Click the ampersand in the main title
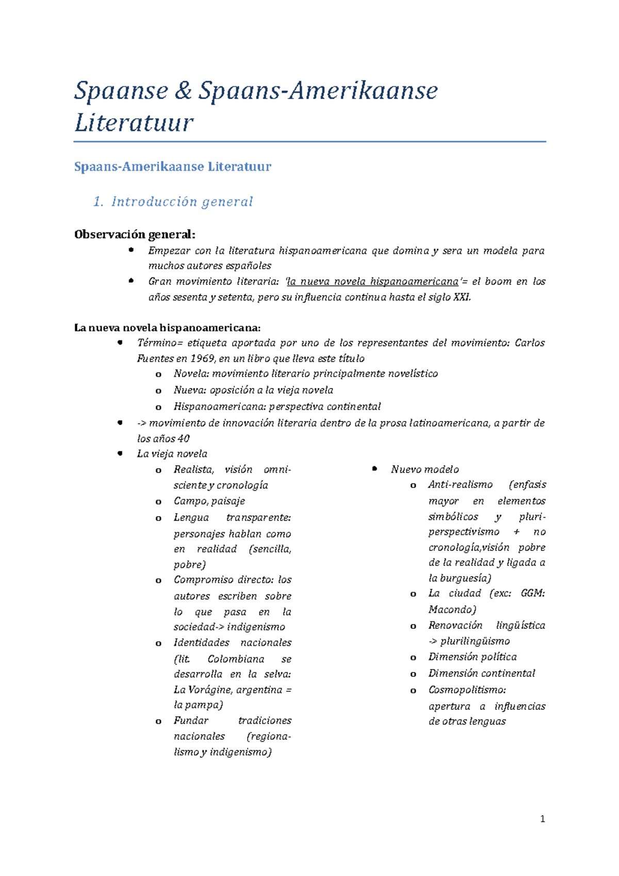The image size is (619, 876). (x=183, y=91)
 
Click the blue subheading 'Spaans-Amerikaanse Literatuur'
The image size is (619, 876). (x=172, y=167)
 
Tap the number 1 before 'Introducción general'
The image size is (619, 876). (x=98, y=202)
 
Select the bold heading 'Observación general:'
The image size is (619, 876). (x=135, y=235)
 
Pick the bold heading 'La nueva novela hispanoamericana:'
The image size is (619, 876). (x=167, y=328)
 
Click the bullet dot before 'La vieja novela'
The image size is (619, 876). (x=120, y=453)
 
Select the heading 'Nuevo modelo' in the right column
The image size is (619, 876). (x=425, y=469)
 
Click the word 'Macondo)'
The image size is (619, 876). (x=452, y=610)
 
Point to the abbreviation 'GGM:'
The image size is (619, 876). (x=532, y=593)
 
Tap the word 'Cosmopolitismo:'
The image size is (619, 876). (x=467, y=690)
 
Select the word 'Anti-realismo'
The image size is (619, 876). (x=460, y=485)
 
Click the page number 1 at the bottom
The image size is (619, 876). (x=542, y=819)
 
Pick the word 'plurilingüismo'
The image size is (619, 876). (x=475, y=641)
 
